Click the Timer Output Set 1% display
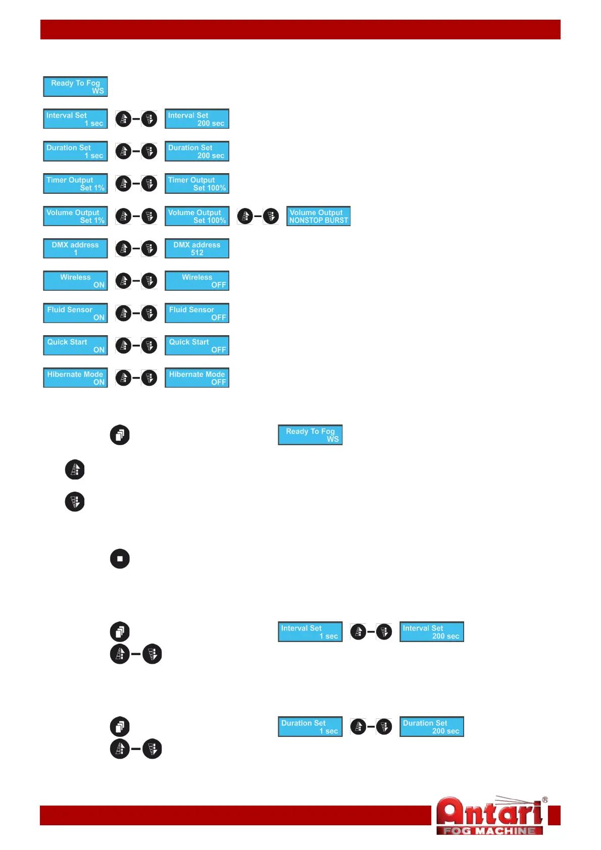pyautogui.click(x=75, y=184)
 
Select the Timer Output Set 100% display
pyautogui.click(x=197, y=184)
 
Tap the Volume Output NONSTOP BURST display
pyautogui.click(x=319, y=216)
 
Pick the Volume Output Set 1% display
pyautogui.click(x=75, y=216)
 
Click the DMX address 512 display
pyautogui.click(x=197, y=248)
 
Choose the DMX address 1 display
pyautogui.click(x=75, y=248)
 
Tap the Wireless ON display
pyautogui.click(x=75, y=281)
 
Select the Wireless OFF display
pyautogui.click(x=197, y=281)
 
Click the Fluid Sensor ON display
pyautogui.click(x=75, y=313)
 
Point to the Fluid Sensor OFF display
pyautogui.click(x=197, y=313)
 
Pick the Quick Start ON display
pyautogui.click(x=75, y=345)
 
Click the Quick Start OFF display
pyautogui.click(x=197, y=345)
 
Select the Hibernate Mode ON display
pyautogui.click(x=75, y=378)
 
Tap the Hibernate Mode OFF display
pyautogui.click(x=197, y=378)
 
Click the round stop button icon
pyautogui.click(x=120, y=559)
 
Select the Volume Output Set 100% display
pyautogui.click(x=197, y=216)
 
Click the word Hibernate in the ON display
pyautogui.click(x=61, y=375)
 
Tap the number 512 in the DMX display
pyautogui.click(x=197, y=252)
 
